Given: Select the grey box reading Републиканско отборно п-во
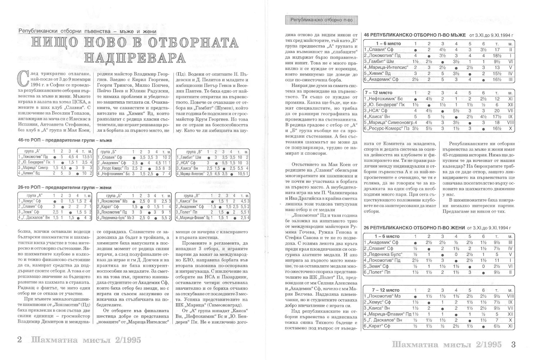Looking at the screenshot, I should (x=322, y=20).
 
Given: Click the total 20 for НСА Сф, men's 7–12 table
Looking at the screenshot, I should (x=497, y=111).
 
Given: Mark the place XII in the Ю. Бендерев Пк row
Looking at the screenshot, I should (x=510, y=104).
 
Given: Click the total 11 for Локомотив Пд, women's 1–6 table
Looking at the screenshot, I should (x=497, y=260).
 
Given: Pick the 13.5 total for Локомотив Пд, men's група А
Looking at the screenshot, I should (x=87, y=157).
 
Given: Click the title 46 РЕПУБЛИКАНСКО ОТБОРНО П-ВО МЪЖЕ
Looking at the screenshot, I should (x=415, y=35).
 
